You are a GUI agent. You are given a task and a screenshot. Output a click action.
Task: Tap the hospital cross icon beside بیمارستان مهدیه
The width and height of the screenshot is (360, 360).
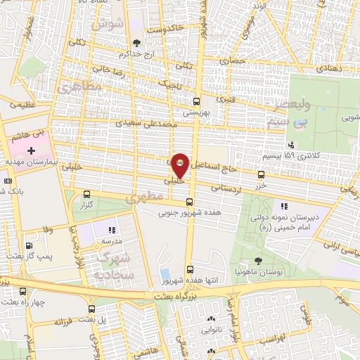(32, 151)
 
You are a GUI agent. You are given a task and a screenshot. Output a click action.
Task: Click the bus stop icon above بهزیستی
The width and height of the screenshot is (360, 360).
(196, 101)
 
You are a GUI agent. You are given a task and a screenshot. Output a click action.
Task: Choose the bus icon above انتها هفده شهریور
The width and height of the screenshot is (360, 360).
(190, 269)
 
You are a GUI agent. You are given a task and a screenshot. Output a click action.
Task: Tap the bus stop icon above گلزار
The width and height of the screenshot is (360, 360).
(86, 194)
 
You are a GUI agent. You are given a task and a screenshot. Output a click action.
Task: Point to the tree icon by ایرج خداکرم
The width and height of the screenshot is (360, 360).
(136, 43)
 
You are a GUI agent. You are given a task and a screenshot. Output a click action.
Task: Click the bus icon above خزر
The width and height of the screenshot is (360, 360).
(262, 174)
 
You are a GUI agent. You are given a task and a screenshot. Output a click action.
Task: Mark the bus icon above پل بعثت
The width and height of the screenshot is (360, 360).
(91, 309)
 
